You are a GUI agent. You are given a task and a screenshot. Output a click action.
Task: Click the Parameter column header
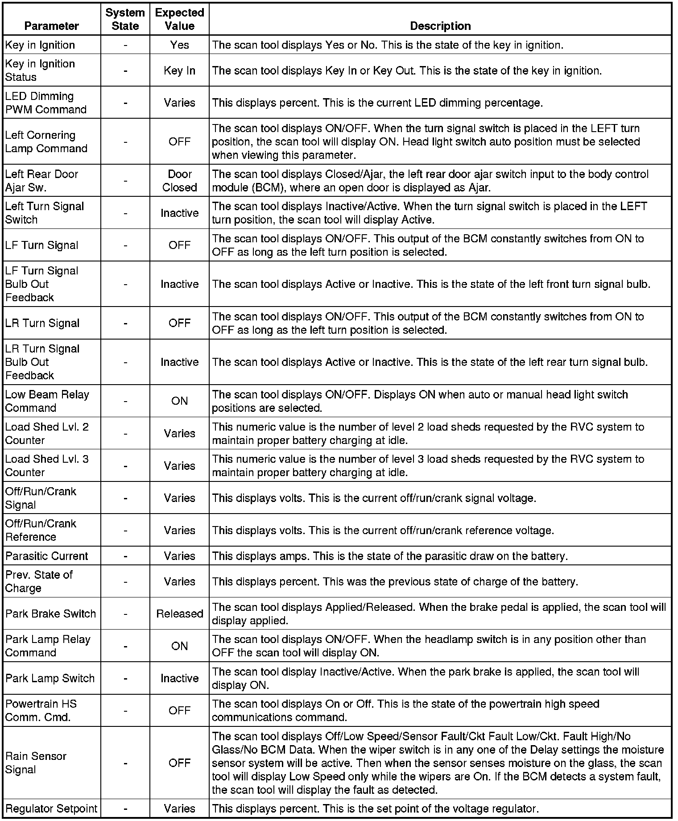pos(52,26)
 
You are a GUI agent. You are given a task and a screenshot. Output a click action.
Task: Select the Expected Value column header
pos(179,19)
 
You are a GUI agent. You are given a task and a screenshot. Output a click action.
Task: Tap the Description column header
pos(440,26)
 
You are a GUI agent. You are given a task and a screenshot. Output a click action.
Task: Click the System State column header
pos(125,19)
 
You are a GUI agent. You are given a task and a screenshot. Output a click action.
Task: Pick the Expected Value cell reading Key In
pos(179,70)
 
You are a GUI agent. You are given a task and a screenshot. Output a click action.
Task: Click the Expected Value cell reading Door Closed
pos(179,181)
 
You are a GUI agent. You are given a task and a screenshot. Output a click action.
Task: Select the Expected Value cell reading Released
pos(179,614)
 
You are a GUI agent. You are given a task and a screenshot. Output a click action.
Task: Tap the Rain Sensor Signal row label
pos(36,763)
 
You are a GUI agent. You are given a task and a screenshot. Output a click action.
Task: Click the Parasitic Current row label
pos(46,556)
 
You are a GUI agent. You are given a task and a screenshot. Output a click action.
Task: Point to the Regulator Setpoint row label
pos(51,809)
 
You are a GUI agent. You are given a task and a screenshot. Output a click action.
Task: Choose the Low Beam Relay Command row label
pos(47,401)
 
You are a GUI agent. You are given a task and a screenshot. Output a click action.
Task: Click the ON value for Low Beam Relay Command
pos(179,401)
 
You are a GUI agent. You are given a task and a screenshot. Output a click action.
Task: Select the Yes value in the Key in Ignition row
pos(179,45)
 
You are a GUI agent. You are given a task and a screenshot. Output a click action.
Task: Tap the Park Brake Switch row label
pos(50,614)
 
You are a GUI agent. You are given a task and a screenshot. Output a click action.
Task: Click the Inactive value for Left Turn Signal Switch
pos(179,213)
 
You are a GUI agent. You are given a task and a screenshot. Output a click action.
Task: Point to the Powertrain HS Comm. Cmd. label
pos(41,710)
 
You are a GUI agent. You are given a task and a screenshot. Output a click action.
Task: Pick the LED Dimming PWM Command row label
pos(45,103)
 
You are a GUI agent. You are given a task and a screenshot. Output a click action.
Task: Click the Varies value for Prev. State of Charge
pos(179,581)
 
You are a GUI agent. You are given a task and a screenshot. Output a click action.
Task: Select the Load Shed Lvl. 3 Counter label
pos(47,465)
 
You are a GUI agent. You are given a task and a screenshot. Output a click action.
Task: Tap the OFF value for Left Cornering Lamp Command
pos(179,141)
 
